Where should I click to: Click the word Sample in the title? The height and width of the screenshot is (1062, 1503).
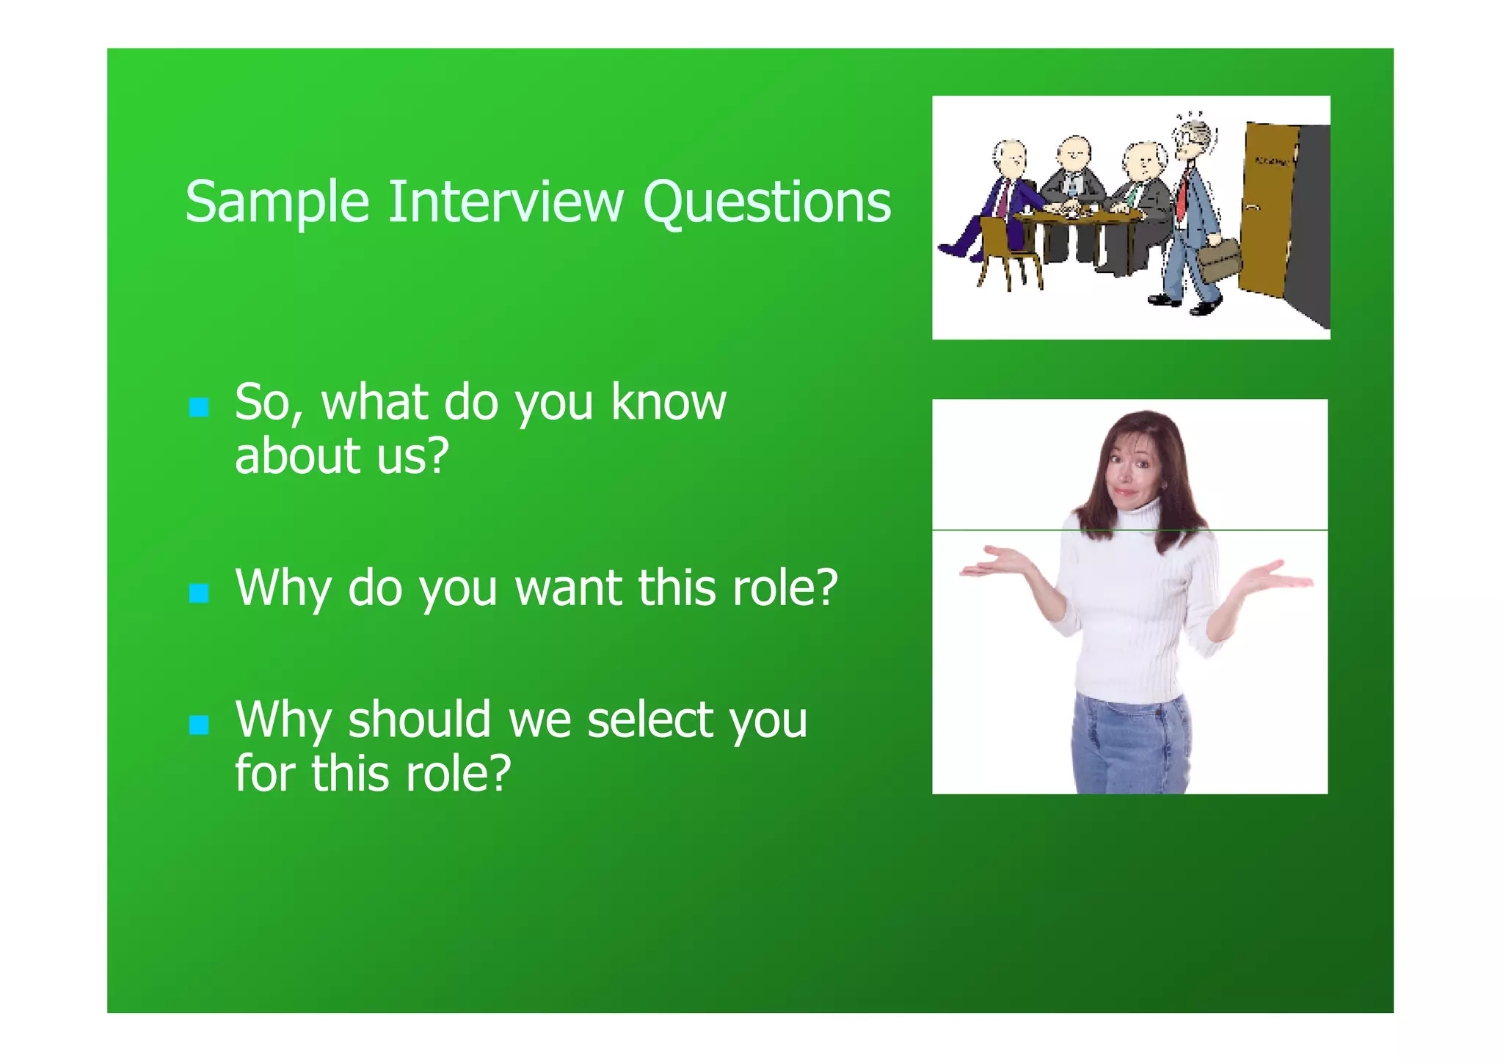277,202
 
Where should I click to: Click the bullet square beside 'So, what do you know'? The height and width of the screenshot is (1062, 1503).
199,407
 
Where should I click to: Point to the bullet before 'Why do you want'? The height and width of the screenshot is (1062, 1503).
199,593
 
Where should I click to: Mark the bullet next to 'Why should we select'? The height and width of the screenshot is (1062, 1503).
199,725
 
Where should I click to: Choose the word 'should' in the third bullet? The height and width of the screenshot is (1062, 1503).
419,720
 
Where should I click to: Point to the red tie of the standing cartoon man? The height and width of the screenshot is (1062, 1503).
1182,194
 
